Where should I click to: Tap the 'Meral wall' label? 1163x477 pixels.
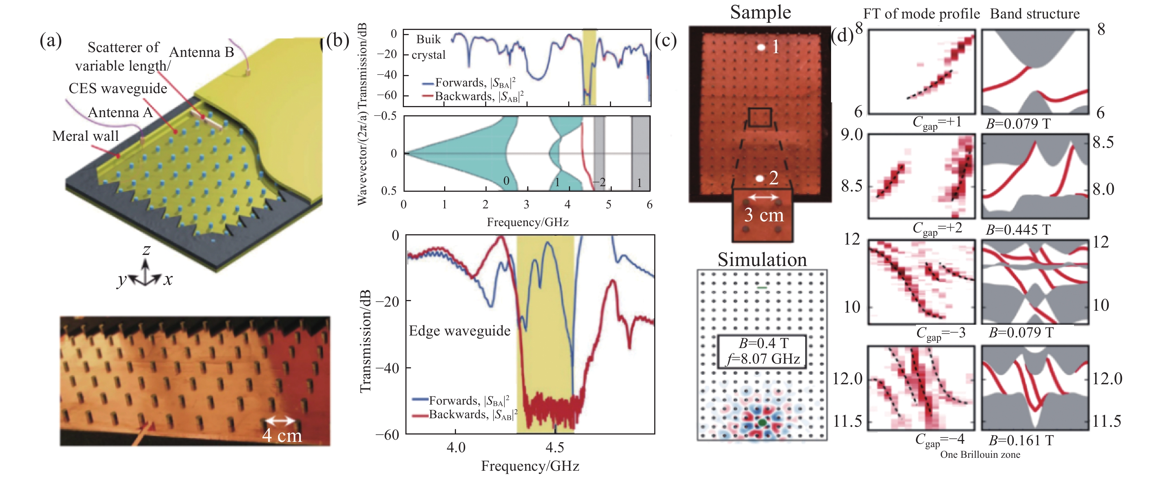pos(85,136)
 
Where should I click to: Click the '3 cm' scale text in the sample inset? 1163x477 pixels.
pos(764,215)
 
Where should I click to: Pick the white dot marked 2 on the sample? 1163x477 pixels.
pos(760,179)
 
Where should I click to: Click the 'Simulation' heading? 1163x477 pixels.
pos(762,260)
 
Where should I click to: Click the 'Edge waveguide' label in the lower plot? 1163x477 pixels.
pos(459,331)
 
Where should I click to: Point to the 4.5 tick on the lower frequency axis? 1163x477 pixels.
pos(555,448)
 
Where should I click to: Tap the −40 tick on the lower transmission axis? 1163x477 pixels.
pos(387,368)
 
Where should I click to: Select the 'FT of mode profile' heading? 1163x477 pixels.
pos(921,14)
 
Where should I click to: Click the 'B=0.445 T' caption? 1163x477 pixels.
pos(1018,230)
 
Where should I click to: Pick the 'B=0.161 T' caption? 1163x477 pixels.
pos(1021,440)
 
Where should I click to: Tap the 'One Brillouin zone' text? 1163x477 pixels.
pos(980,455)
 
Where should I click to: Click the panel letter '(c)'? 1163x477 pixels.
pos(665,41)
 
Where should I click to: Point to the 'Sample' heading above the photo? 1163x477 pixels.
pos(760,12)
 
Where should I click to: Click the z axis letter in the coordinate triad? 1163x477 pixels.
pos(146,249)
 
